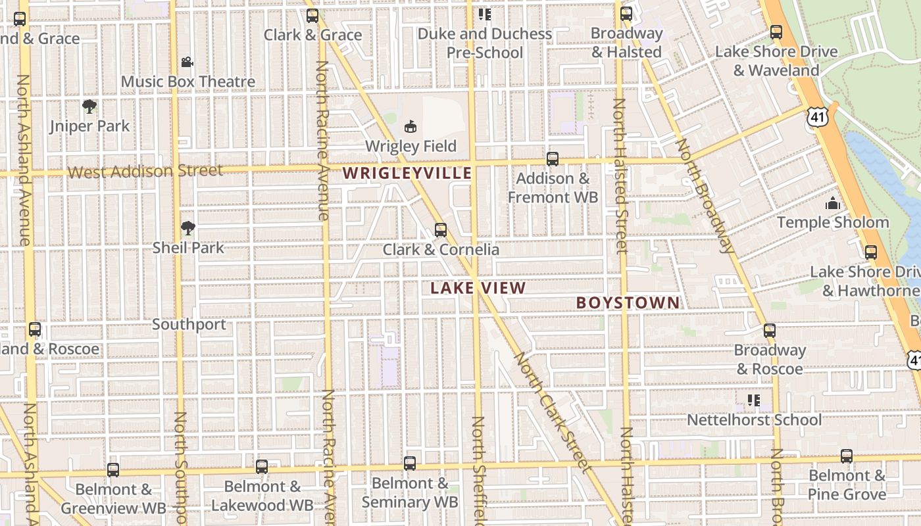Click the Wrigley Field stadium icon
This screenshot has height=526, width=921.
pos(411,126)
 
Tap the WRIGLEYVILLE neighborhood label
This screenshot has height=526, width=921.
pos(407,174)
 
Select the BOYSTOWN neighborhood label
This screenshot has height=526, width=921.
pos(628,302)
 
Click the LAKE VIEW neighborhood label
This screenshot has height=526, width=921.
pos(478,288)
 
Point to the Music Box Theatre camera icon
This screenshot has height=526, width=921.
pos(187,62)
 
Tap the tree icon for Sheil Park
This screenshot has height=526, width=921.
pos(188,228)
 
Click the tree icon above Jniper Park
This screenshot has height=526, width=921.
pos(89,106)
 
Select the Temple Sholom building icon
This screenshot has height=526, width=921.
pos(833,203)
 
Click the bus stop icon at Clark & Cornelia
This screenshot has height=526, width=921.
pos(441,230)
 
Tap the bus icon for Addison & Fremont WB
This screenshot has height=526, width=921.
pos(553,158)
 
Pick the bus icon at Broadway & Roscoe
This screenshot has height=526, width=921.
pos(770,330)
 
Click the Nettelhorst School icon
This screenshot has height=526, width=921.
pos(754,400)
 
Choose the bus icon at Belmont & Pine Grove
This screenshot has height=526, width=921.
pos(847,456)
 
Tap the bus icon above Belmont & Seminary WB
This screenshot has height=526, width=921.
pos(410,464)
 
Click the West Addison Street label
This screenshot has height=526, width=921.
pos(145,172)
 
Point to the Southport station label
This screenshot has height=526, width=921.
pos(189,324)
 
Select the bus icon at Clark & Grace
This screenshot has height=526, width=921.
pos(312,16)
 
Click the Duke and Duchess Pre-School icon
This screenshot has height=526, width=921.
pos(485,14)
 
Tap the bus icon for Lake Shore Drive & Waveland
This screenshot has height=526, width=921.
pos(776,32)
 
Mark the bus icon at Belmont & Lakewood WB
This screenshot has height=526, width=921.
pos(262,467)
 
